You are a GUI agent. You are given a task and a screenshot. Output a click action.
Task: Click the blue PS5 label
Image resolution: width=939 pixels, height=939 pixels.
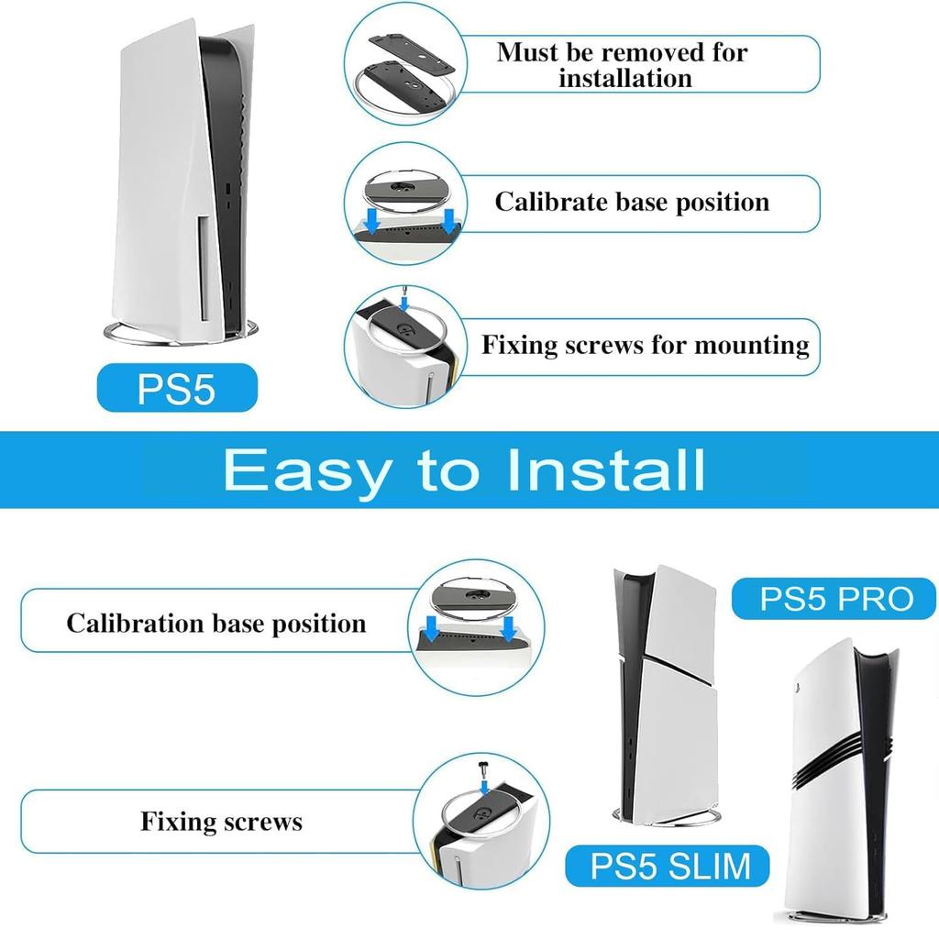coord(176,388)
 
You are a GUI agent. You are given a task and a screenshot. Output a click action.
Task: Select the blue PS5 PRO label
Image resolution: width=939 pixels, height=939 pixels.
coord(835,599)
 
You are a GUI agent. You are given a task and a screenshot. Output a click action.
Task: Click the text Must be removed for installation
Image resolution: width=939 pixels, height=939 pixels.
coord(623,64)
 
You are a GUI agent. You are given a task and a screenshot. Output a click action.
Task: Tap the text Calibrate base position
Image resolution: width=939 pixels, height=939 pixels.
coord(632,202)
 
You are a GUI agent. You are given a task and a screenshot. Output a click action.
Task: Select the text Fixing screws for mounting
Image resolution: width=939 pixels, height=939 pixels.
coord(646,346)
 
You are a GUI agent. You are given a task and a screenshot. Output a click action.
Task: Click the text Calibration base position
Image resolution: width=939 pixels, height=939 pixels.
coord(215,624)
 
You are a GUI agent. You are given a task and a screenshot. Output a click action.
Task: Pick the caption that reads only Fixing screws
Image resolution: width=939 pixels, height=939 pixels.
coord(221,821)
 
